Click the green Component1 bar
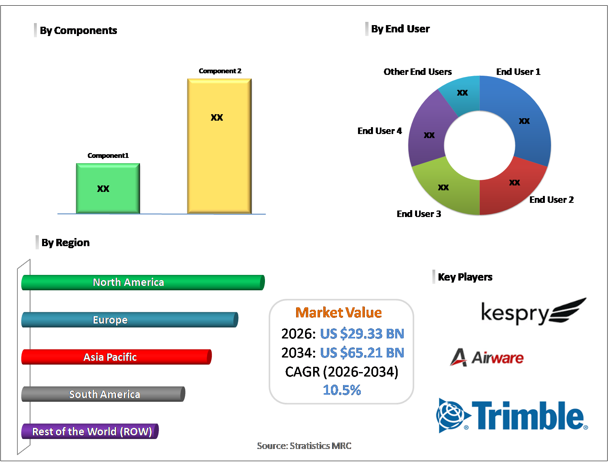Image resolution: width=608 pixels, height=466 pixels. [x=108, y=188]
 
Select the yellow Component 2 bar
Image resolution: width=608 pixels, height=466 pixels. [x=219, y=146]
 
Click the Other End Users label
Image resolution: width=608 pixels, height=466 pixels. [x=417, y=72]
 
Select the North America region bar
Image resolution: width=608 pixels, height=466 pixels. [x=143, y=283]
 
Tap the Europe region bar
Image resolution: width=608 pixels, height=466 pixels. [x=129, y=320]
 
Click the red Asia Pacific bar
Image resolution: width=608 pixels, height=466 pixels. [x=116, y=357]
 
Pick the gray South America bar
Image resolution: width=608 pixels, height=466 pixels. [x=103, y=394]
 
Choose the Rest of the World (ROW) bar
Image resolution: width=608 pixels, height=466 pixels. [x=90, y=432]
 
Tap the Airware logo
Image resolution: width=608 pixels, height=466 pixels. [x=487, y=357]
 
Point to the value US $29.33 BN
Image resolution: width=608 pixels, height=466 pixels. [x=362, y=334]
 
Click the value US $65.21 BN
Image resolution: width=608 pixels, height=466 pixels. [x=362, y=353]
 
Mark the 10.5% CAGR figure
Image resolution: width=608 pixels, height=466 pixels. [x=342, y=390]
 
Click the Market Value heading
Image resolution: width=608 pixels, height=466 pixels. [x=339, y=313]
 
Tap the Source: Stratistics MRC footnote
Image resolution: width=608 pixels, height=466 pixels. [x=304, y=446]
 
